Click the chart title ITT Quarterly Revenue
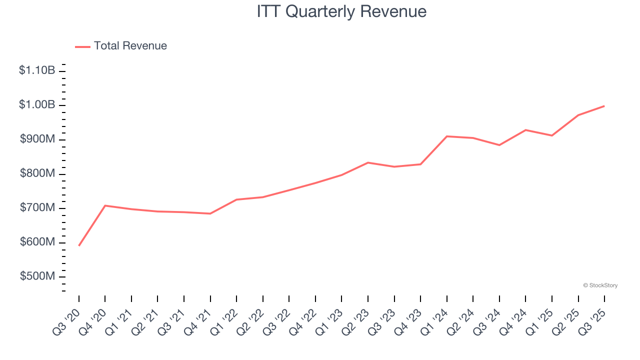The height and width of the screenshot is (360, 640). click(341, 11)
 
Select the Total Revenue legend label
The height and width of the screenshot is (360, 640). click(130, 46)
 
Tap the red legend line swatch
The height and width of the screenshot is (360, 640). click(82, 46)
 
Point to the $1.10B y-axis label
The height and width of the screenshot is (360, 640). click(37, 70)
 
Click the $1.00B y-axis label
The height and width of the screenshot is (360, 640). click(37, 105)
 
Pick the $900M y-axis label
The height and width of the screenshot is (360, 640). click(37, 139)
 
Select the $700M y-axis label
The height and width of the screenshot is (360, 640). click(37, 208)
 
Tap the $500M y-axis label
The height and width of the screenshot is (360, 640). click(37, 276)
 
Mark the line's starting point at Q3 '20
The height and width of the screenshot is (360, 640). click(79, 245)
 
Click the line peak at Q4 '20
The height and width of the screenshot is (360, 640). click(105, 205)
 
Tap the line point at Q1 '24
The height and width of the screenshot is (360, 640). click(447, 136)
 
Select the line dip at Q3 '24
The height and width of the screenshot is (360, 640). click(499, 145)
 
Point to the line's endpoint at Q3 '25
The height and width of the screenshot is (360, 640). click(604, 106)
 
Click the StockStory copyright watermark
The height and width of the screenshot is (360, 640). click(600, 285)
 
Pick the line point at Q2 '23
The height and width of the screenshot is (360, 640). click(368, 162)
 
